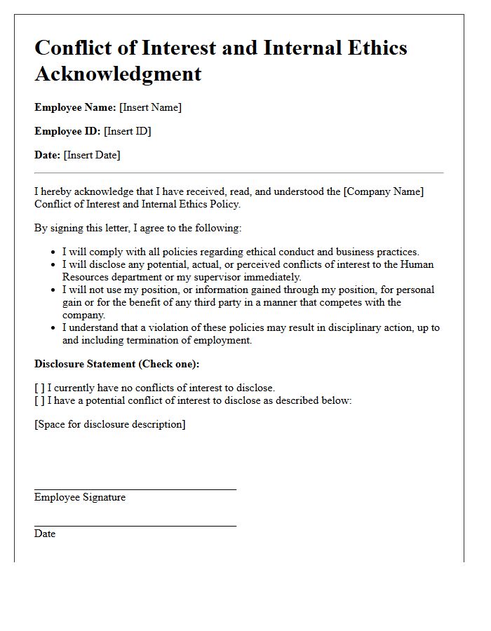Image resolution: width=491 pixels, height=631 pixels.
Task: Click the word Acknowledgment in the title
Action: [x=118, y=73]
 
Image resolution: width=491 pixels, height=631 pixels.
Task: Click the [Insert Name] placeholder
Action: [x=150, y=107]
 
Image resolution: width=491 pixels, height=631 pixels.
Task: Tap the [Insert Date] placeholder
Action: [x=92, y=155]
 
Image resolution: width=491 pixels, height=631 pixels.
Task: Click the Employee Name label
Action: [x=75, y=107]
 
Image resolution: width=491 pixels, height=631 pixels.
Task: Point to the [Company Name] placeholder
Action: [x=384, y=191]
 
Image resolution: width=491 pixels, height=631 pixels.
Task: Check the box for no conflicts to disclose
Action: [x=39, y=388]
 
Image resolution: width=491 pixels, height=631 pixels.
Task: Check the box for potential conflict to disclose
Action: [x=39, y=400]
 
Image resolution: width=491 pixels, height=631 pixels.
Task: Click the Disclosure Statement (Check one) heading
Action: [x=116, y=364]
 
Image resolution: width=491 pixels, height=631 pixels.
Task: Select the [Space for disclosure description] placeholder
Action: [x=110, y=424]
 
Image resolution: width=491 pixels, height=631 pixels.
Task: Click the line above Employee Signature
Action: [x=135, y=490]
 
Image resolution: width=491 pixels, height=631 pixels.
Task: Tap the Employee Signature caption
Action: [x=80, y=497]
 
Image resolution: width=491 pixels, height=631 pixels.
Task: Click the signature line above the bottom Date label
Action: [x=135, y=527]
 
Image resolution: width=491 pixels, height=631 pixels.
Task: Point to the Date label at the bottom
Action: [x=45, y=534]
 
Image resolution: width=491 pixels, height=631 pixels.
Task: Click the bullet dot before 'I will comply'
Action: [x=54, y=252]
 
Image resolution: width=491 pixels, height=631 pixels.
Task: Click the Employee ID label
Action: [x=67, y=131]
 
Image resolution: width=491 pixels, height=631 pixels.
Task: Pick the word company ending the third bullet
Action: [x=83, y=315]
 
